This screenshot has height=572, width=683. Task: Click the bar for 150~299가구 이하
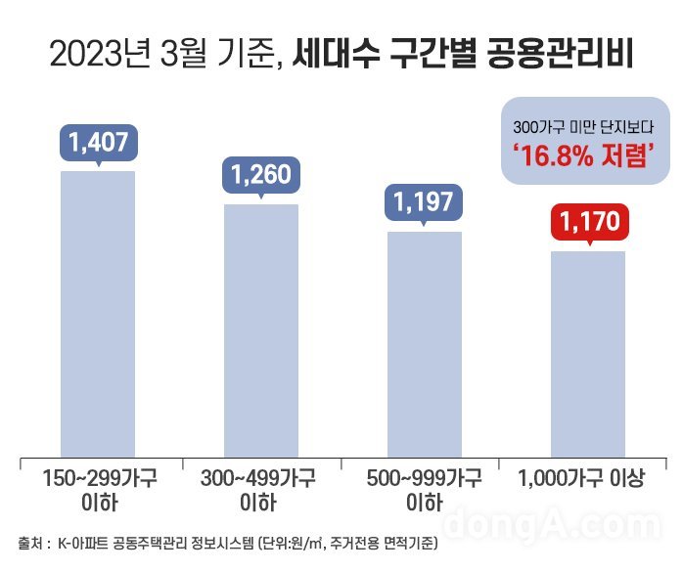point(98,313)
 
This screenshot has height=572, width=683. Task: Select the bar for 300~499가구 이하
point(261,330)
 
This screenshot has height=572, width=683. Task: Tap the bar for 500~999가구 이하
point(425,343)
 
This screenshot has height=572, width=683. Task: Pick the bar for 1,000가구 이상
point(587,353)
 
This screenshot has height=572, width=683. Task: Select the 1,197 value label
point(425,202)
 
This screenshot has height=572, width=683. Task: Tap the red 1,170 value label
point(587,223)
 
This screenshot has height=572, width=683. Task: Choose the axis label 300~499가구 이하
point(262,491)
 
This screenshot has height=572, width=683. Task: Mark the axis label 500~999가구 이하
point(425,491)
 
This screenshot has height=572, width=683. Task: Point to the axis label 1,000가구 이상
point(587,479)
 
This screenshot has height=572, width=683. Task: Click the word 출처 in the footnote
point(33,542)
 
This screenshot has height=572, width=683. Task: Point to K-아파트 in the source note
point(87,542)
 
